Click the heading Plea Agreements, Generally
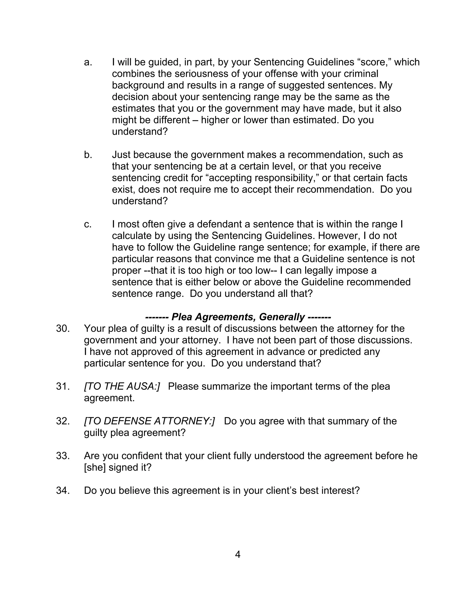[238, 317]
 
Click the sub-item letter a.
[88, 62]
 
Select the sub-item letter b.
[88, 155]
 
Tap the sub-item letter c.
[88, 224]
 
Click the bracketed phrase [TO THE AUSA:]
[122, 386]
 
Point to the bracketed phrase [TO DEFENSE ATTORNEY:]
[149, 421]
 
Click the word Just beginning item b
[121, 155]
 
